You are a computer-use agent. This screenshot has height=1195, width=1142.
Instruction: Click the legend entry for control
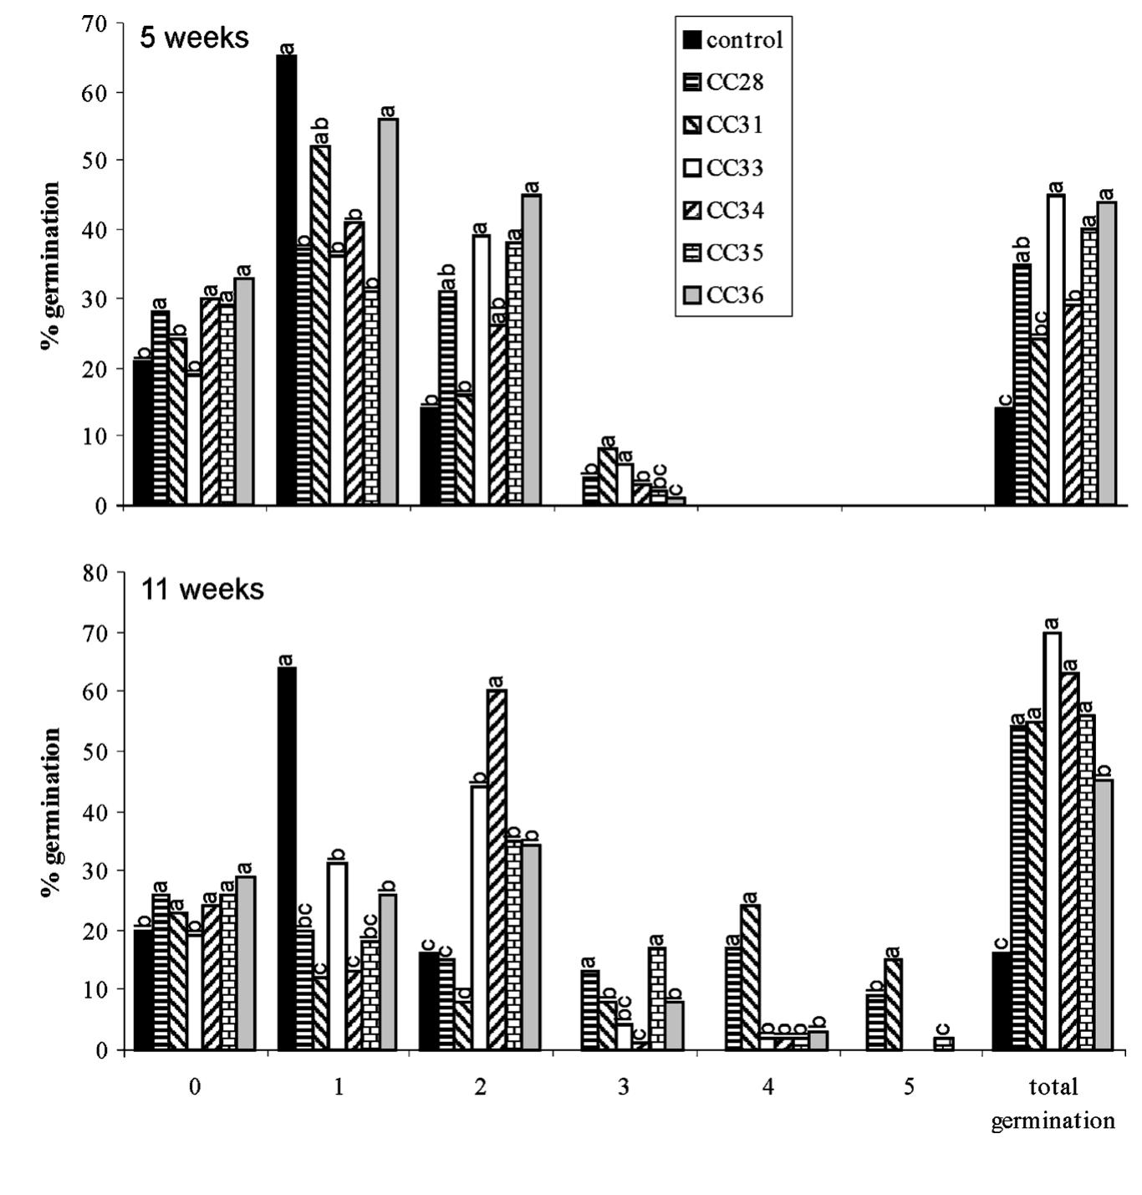733,40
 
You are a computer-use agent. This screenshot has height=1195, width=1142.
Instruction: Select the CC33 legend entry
733,168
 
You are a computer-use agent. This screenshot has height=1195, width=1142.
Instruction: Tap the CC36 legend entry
733,295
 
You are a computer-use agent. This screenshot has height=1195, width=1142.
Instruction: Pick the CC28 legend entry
733,82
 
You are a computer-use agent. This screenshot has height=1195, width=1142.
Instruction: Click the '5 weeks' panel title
194,38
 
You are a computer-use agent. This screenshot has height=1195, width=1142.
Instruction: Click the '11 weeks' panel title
201,590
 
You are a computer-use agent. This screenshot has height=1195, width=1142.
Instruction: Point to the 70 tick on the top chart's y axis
97,24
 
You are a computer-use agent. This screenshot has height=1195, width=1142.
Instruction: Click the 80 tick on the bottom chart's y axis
97,574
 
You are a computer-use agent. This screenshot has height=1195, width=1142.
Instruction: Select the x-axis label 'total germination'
1053,1104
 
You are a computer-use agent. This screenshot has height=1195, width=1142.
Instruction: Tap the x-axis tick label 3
624,1087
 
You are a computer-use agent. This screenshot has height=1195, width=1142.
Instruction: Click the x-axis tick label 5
910,1087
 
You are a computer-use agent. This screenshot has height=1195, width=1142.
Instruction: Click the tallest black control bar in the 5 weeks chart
287,280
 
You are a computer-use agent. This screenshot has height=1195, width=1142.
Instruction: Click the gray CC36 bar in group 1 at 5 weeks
388,312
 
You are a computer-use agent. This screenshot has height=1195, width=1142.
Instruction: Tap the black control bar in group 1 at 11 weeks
287,858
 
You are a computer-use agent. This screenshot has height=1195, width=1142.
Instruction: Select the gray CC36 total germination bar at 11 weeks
1104,915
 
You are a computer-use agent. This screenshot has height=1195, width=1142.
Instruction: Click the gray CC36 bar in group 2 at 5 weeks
531,350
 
